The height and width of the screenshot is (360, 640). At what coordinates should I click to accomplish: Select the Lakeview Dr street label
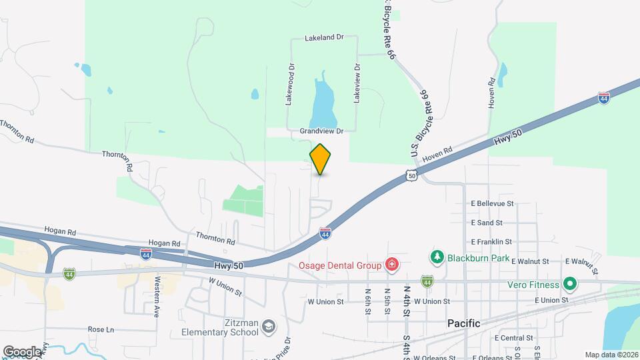click(357, 83)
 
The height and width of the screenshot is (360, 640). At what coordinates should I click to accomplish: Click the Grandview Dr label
click(321, 131)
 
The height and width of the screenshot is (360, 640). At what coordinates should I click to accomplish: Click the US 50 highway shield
click(411, 175)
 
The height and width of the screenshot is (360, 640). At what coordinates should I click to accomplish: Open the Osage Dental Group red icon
click(392, 265)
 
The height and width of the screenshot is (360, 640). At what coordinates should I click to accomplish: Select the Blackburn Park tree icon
click(437, 257)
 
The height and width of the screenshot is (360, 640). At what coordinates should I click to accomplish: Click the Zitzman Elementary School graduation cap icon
click(267, 326)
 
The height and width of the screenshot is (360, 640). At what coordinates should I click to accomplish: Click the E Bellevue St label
click(492, 203)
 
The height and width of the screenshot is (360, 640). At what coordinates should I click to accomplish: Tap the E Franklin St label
click(491, 242)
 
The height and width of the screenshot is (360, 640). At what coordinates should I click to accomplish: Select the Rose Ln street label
click(101, 329)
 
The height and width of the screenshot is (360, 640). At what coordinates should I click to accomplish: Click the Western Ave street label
click(158, 296)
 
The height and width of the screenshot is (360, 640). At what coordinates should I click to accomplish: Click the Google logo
click(22, 351)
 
